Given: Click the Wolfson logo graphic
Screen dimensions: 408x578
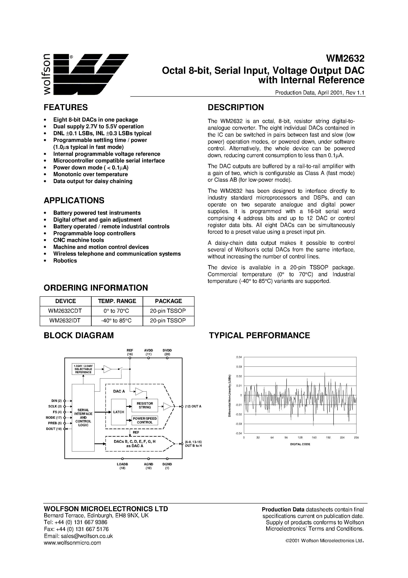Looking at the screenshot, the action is tap(86, 74).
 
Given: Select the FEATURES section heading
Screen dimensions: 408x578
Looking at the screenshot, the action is tap(66, 107).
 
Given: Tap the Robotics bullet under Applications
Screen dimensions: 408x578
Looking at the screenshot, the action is tap(65, 261).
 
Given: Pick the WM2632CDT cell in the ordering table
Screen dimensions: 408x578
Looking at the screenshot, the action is tap(65, 311).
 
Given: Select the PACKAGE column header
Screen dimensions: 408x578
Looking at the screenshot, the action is tap(168, 301).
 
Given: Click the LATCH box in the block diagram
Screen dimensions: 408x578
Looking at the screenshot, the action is tap(118, 412).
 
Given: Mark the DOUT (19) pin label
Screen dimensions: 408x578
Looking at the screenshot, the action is tap(54, 429).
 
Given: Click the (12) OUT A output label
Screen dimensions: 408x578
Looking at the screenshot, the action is tap(193, 406).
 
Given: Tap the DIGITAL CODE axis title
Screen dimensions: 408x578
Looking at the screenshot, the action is tap(300, 444).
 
